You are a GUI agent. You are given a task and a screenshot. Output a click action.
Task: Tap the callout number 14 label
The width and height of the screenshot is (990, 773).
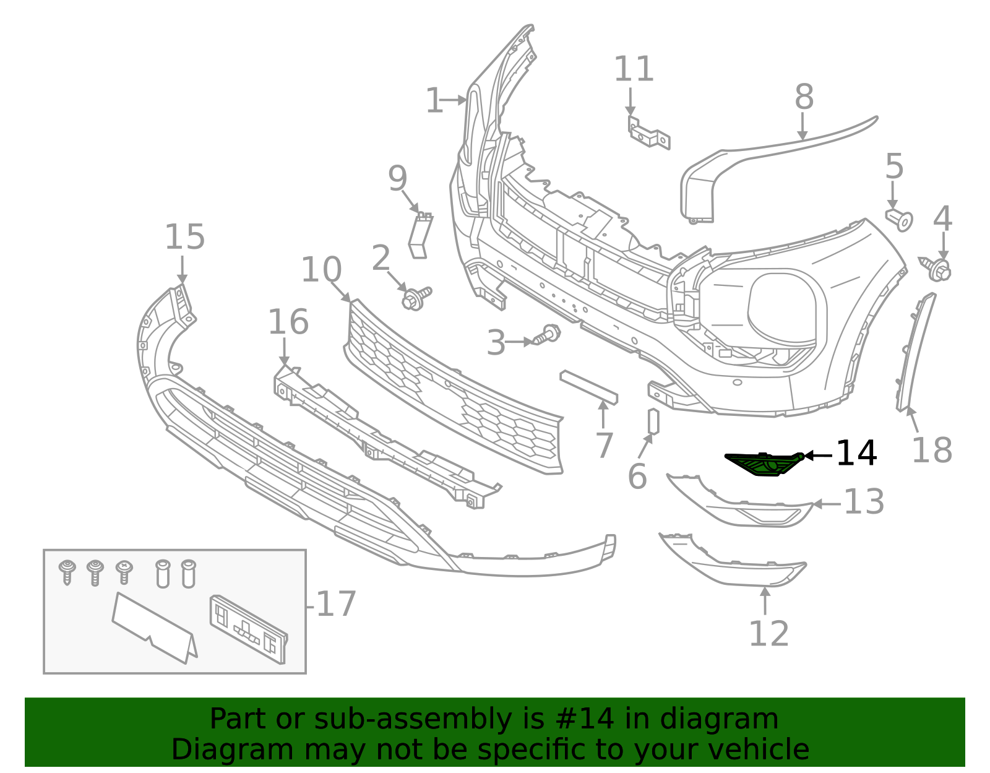(x=856, y=454)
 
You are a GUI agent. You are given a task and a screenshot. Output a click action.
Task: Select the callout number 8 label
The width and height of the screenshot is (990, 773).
(x=804, y=98)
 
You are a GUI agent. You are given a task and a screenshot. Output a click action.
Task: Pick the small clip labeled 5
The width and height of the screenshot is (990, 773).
(x=900, y=219)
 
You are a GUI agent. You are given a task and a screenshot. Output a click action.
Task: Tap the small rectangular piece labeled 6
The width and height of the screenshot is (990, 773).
(x=653, y=422)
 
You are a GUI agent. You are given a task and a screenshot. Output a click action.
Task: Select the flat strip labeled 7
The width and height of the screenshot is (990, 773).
(x=588, y=387)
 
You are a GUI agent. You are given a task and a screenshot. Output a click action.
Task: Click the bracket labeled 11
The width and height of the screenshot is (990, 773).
(x=648, y=132)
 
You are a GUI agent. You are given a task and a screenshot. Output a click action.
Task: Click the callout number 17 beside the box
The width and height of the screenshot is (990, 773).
(x=336, y=604)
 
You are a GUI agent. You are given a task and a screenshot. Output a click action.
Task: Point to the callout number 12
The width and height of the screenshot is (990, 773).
(x=768, y=633)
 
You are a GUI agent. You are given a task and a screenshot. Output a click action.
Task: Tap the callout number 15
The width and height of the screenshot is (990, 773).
(x=184, y=238)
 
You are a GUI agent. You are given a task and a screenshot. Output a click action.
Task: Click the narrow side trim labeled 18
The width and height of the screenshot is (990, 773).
(x=915, y=353)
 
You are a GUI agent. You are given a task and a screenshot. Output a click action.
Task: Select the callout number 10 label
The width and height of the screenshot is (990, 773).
(x=321, y=270)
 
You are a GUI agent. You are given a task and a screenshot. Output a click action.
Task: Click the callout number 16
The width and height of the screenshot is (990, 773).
(x=288, y=322)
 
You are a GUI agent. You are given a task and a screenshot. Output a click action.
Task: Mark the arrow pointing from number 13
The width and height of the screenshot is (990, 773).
(x=825, y=504)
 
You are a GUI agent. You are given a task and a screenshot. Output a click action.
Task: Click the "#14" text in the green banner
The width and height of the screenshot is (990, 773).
(x=585, y=719)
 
